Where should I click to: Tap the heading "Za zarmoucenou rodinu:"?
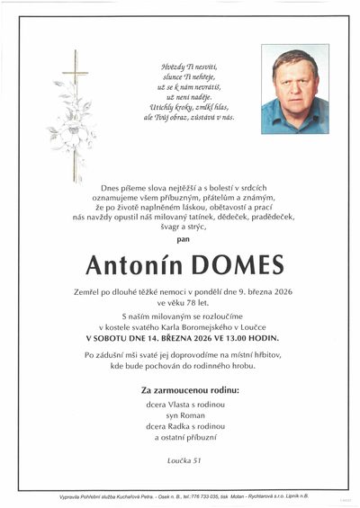tap(190, 391)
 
